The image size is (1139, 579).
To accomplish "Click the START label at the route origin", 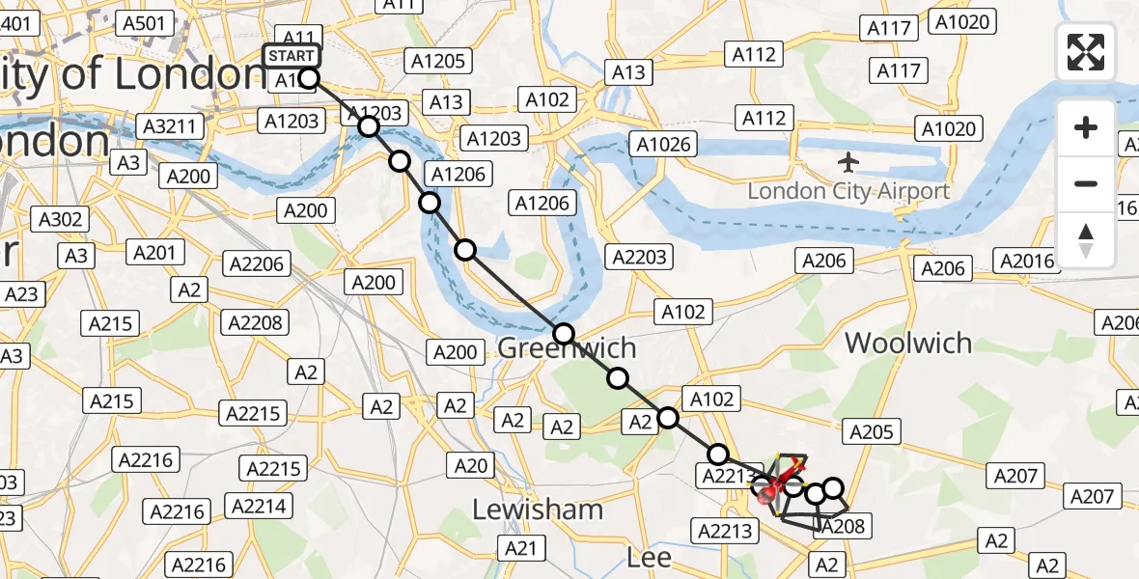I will (292, 56).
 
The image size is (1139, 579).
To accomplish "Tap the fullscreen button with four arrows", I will (1086, 52).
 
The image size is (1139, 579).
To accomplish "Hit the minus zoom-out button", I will (1086, 183).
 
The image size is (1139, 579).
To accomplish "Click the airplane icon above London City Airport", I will (848, 160).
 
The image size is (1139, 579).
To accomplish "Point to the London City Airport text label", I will (848, 191).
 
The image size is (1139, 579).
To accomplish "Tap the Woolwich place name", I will (908, 344).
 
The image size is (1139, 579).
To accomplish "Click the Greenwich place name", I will (567, 348).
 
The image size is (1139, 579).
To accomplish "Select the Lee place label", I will (649, 557).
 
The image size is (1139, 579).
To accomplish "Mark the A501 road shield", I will (145, 23).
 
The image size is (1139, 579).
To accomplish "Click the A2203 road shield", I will (638, 257).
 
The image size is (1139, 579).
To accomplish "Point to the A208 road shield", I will (844, 526).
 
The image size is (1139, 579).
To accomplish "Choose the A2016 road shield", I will (1027, 261).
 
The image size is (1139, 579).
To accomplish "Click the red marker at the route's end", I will (769, 496).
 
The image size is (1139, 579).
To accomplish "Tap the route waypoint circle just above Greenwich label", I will (564, 335).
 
